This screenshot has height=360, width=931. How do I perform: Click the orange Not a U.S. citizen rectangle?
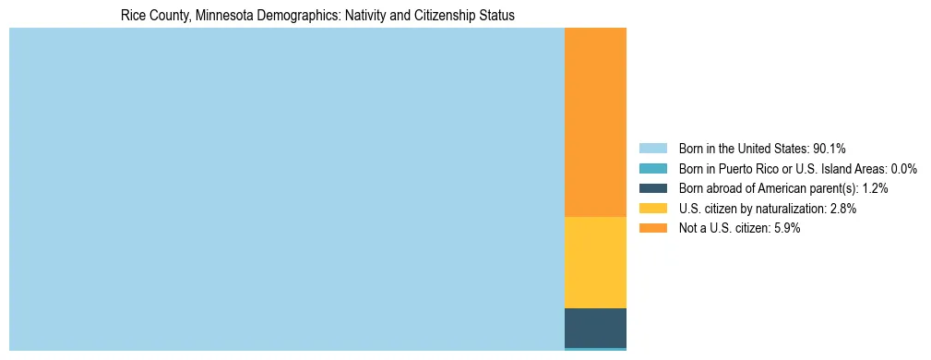point(595,122)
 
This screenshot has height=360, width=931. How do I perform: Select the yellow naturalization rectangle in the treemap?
point(595,262)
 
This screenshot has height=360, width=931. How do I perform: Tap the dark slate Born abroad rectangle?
point(595,328)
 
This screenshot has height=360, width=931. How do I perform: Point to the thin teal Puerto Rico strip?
point(595,349)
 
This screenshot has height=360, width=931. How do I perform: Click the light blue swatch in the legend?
point(652,149)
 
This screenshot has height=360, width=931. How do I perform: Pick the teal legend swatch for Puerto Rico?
point(652,169)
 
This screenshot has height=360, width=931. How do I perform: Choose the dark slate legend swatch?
point(652,188)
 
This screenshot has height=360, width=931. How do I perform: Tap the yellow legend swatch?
point(652,209)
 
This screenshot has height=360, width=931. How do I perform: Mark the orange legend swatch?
point(652,229)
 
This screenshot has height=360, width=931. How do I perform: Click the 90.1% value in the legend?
point(829,149)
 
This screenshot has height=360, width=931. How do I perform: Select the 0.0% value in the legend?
point(903,169)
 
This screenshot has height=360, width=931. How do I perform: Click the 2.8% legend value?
point(842,209)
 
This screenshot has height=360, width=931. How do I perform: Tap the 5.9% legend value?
point(786,229)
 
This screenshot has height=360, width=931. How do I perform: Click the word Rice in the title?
point(133,16)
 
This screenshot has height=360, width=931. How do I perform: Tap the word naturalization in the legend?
point(788,209)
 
